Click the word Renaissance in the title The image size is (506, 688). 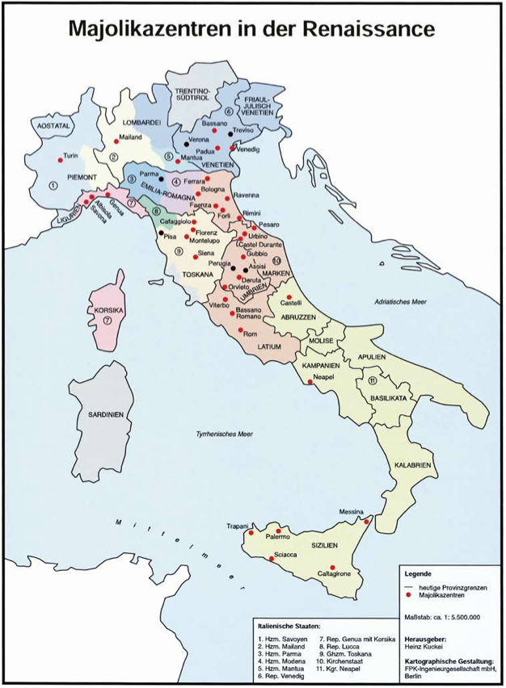359,30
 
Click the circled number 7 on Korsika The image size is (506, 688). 106,321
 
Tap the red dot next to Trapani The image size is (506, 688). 251,532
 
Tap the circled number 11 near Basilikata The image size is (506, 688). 372,380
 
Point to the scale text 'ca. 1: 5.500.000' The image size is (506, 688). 457,618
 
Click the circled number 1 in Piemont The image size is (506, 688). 53,185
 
